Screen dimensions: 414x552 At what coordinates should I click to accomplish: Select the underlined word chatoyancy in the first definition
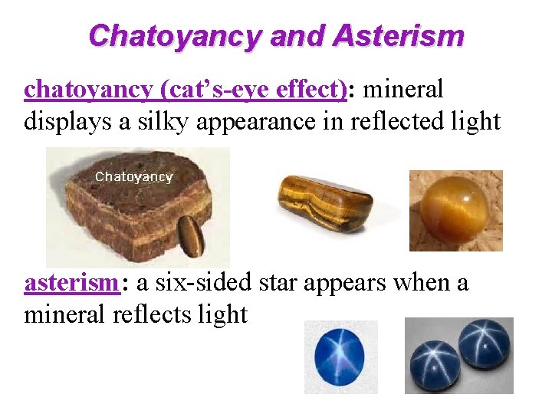[x=88, y=90]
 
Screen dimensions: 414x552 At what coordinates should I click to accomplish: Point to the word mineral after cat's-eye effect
[x=402, y=90]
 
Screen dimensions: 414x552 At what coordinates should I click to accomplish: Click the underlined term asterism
[x=71, y=283]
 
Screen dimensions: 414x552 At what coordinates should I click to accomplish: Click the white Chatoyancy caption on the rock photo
[x=134, y=177]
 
